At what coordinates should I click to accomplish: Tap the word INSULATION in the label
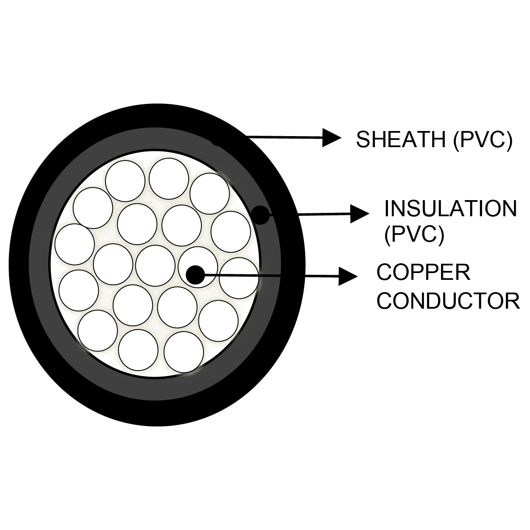(x=450, y=209)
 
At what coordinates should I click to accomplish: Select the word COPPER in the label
(x=423, y=272)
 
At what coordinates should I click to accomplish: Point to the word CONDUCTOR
(x=448, y=300)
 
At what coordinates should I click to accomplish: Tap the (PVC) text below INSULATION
(x=414, y=234)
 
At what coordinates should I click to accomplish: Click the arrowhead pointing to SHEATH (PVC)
(x=332, y=137)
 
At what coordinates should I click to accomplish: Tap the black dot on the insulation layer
(x=261, y=215)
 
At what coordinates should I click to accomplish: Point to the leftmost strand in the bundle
(x=74, y=244)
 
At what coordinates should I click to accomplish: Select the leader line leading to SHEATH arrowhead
(x=284, y=137)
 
